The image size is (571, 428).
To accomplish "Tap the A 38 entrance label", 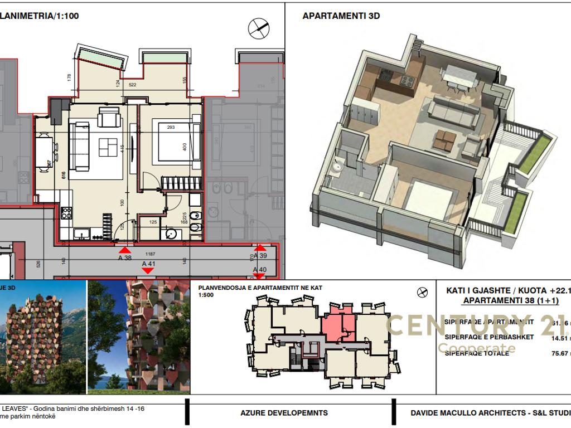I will tap(125, 258).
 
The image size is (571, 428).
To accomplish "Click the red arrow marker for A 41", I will tap(148, 271).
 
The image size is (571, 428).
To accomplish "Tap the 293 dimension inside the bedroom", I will tap(171, 127).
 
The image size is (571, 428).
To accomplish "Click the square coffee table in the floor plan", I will tap(108, 147).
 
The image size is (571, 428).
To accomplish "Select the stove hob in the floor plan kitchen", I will tap(66, 212).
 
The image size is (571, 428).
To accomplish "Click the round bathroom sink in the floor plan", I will tap(170, 234).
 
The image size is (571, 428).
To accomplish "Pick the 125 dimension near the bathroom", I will tap(153, 222).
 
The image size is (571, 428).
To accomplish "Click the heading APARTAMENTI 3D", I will tap(341, 16).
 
